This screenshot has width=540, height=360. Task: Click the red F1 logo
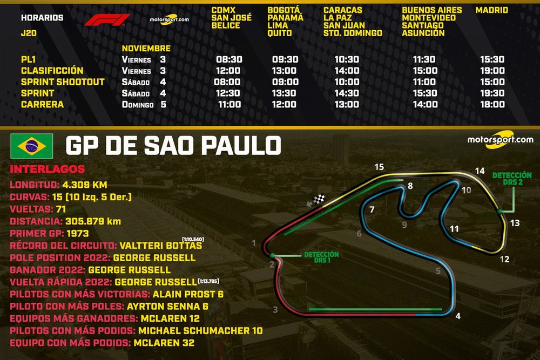(106, 21)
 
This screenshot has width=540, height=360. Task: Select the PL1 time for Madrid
(491, 60)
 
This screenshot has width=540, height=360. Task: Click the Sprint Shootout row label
(63, 82)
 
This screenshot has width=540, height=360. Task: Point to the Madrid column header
(491, 10)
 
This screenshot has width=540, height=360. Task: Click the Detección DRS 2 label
(511, 179)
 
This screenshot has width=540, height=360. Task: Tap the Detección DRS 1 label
(321, 257)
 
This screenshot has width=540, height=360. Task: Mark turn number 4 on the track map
(458, 316)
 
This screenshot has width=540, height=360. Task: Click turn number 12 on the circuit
(504, 259)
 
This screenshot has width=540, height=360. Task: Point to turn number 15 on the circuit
(379, 167)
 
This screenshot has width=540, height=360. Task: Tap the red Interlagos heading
(48, 169)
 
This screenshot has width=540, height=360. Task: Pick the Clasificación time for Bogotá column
(285, 71)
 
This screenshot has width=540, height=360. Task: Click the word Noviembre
(146, 49)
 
